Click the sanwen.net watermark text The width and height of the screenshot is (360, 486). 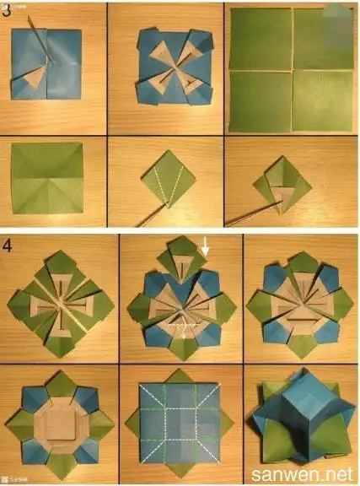pos(306,472)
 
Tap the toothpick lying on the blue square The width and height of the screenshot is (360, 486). pos(42,38)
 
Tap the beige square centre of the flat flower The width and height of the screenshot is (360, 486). pos(56,418)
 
